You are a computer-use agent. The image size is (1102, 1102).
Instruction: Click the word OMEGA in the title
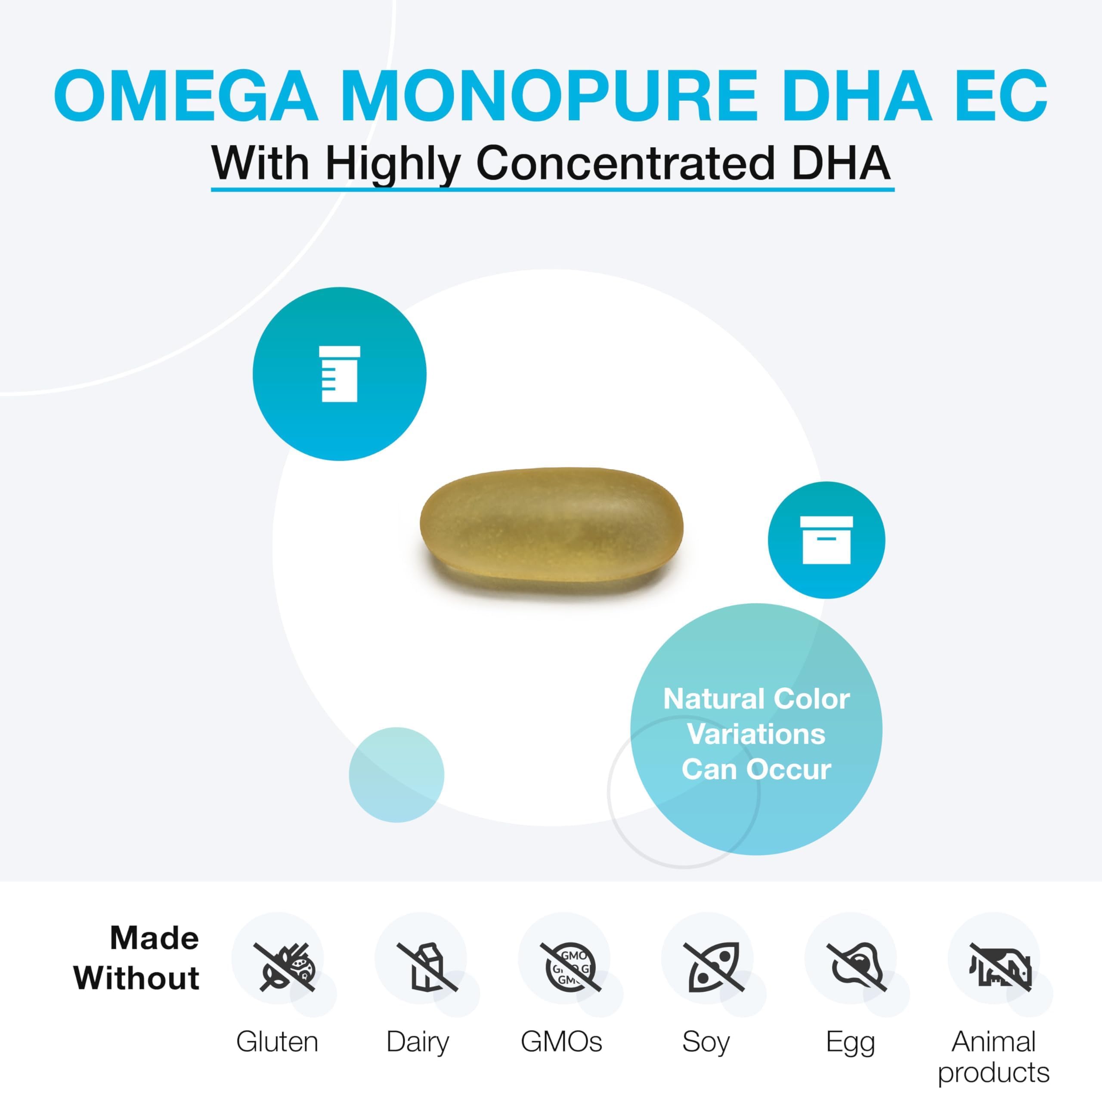point(186,95)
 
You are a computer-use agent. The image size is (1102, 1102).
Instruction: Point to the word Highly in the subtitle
point(393,165)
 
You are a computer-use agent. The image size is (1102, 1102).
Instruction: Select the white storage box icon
point(826,539)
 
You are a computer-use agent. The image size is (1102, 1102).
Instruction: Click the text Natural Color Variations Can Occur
point(756,734)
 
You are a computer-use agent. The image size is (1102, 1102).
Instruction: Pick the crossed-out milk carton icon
point(427,967)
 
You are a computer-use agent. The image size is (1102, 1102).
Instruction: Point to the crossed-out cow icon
point(1000,967)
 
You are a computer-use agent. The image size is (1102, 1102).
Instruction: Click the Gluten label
point(277,1042)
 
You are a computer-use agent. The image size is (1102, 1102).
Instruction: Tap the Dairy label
point(418,1043)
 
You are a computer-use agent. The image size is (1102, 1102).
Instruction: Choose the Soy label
point(706,1043)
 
